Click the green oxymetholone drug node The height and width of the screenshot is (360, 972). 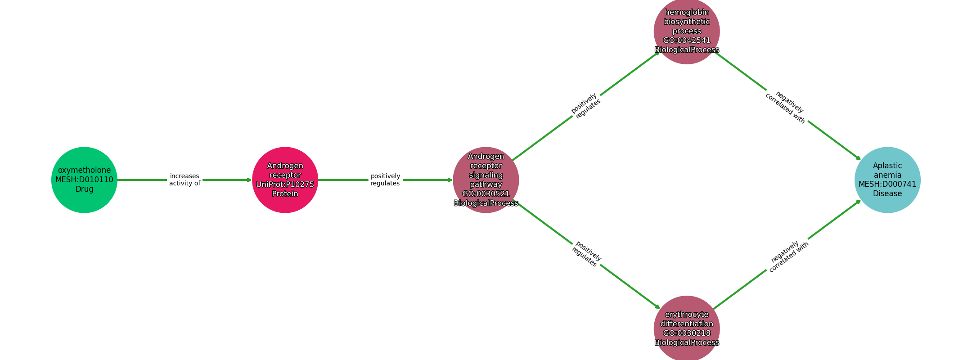pyautogui.click(x=84, y=180)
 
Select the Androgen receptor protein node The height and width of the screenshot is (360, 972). pyautogui.click(x=285, y=180)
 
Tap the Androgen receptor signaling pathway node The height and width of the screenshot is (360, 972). pyautogui.click(x=486, y=180)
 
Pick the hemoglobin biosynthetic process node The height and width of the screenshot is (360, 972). pyautogui.click(x=687, y=31)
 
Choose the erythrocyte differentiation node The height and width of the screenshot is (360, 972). pyautogui.click(x=687, y=328)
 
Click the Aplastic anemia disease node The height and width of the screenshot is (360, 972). pyautogui.click(x=887, y=180)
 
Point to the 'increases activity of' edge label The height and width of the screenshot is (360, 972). pyautogui.click(x=185, y=180)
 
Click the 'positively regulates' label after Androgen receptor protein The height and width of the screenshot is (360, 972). pyautogui.click(x=386, y=180)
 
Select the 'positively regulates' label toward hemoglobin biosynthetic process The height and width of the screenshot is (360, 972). pyautogui.click(x=586, y=106)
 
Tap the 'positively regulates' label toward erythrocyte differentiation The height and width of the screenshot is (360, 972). pyautogui.click(x=586, y=254)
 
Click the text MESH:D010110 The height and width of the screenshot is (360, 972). pyautogui.click(x=84, y=180)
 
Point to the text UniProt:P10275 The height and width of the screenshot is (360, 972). pyautogui.click(x=285, y=184)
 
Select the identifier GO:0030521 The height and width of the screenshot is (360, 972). pyautogui.click(x=486, y=194)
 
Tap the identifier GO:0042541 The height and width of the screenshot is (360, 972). pyautogui.click(x=687, y=40)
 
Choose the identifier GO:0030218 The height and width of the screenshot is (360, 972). pyautogui.click(x=687, y=333)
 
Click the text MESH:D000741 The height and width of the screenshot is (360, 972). pyautogui.click(x=887, y=184)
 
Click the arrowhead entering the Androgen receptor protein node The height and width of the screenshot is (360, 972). pyautogui.click(x=249, y=180)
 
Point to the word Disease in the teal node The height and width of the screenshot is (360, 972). pyautogui.click(x=887, y=194)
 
